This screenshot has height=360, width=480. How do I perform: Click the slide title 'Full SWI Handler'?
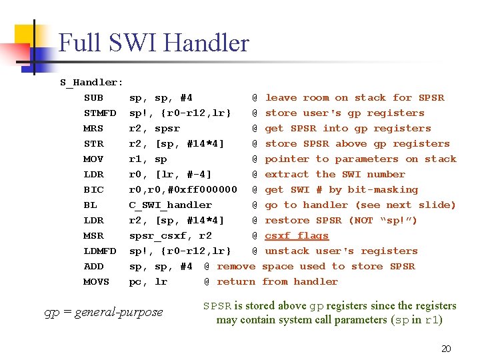[153, 44]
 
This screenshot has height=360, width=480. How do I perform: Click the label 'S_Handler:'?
[91, 83]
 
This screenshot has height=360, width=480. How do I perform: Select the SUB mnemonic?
[94, 98]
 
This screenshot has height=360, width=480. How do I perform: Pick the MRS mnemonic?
[94, 129]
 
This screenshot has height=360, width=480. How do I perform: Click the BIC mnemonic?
[94, 190]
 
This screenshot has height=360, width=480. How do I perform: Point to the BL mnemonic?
[91, 205]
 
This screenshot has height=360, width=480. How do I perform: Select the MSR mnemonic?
[94, 236]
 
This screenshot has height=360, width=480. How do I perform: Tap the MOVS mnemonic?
[97, 282]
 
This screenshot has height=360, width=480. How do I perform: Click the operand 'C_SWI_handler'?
[170, 205]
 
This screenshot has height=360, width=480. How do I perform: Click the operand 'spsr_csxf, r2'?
[170, 236]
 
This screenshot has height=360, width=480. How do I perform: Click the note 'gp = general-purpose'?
[103, 312]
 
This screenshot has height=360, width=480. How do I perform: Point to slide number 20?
[446, 349]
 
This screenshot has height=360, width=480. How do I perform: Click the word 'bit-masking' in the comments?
[383, 190]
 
